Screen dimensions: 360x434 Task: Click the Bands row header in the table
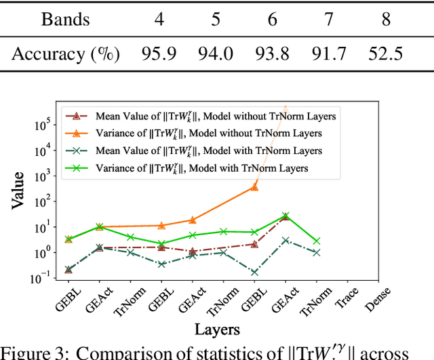click(65, 18)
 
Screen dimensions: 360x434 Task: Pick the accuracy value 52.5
click(386, 52)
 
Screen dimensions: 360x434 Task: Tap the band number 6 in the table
click(273, 18)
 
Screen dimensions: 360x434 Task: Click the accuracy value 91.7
click(329, 52)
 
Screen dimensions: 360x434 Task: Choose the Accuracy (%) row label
click(65, 52)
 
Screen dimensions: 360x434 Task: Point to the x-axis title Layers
click(217, 329)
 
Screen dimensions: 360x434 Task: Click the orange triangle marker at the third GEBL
click(254, 187)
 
